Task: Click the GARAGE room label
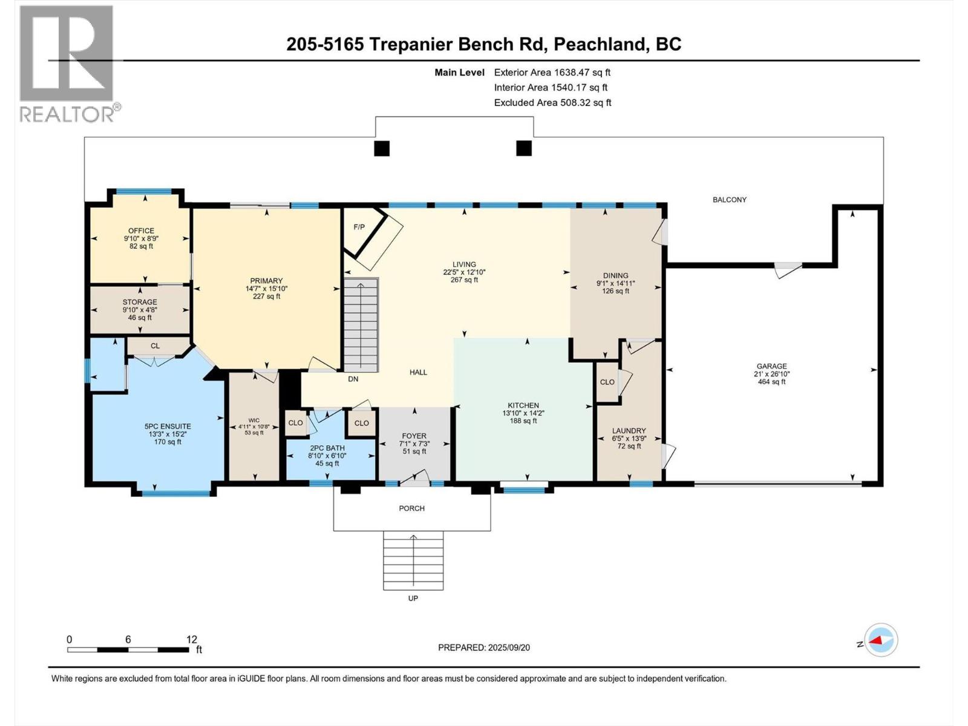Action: point(771,366)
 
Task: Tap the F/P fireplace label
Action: point(359,227)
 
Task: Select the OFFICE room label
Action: point(141,231)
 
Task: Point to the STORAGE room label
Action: point(140,302)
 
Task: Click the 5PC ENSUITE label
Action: point(168,426)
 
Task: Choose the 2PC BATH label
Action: point(327,448)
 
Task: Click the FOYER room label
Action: point(414,436)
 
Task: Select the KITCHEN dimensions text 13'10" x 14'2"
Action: point(523,413)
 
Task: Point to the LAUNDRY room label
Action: point(629,431)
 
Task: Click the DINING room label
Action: point(615,275)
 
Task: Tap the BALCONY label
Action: point(730,200)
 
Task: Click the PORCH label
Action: point(411,508)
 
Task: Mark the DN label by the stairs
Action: point(353,379)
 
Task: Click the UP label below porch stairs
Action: point(413,598)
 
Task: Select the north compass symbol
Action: point(881,640)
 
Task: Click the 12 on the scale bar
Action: point(192,639)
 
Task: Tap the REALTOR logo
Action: point(68,64)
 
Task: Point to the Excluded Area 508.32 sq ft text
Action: point(552,103)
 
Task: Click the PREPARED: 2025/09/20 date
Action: point(484,647)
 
